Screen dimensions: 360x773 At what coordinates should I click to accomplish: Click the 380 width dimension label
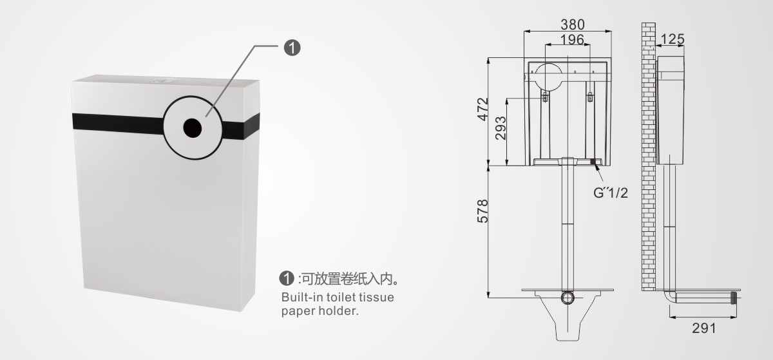[573, 24]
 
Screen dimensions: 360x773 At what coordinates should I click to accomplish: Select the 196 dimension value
[571, 39]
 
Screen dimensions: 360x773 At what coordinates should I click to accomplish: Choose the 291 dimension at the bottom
[703, 328]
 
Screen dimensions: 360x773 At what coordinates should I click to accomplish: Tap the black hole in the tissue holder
[193, 127]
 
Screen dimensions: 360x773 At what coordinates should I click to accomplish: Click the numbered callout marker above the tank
[292, 47]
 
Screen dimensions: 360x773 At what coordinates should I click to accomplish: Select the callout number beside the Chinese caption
[287, 279]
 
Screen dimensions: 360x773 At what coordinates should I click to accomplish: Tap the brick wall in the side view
[648, 161]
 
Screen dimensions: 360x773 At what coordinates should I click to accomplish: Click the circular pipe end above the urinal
[568, 298]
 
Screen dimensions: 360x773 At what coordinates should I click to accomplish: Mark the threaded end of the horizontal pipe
[732, 298]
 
